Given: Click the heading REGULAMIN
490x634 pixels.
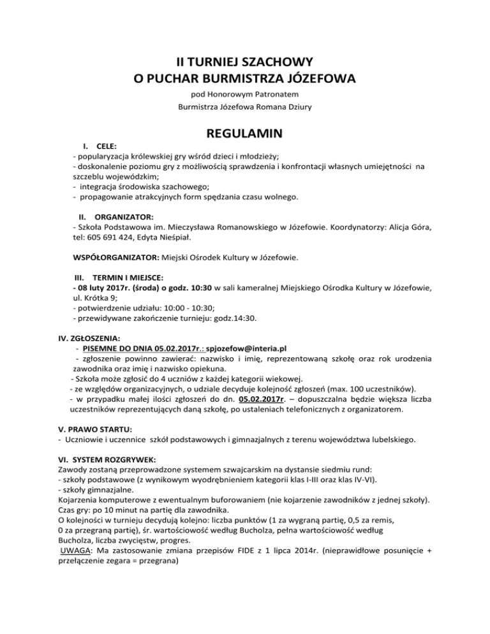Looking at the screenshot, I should point(244,135).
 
